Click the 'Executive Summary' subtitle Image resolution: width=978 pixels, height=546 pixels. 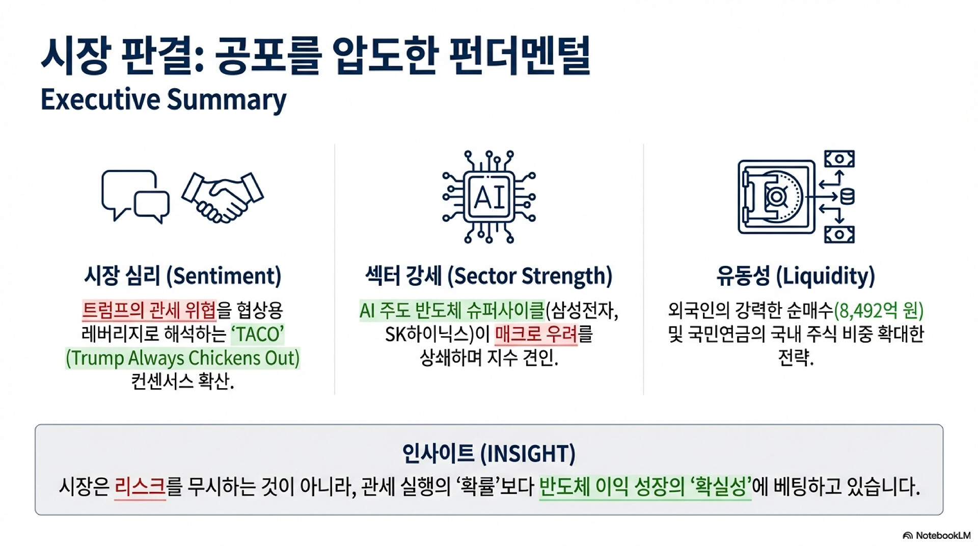164,100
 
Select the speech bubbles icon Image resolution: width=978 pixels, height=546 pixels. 135,197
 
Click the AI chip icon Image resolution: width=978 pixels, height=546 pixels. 489,197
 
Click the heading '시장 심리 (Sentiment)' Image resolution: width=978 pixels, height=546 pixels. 183,276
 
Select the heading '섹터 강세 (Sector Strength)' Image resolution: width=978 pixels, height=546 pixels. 489,276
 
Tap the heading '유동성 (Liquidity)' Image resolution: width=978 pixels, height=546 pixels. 796,276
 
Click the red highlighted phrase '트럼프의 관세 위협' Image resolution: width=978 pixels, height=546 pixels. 149,310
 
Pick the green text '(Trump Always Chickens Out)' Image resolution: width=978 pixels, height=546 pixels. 183,358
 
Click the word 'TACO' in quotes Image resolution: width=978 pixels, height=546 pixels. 258,335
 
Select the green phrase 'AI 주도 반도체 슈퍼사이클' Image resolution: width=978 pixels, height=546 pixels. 452,310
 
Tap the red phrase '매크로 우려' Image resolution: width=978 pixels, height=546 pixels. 536,335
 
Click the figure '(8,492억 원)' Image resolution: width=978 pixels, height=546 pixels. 879,310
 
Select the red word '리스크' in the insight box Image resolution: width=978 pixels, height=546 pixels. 140,487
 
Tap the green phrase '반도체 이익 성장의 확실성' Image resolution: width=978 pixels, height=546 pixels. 645,487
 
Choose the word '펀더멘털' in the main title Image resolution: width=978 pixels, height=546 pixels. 520,55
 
